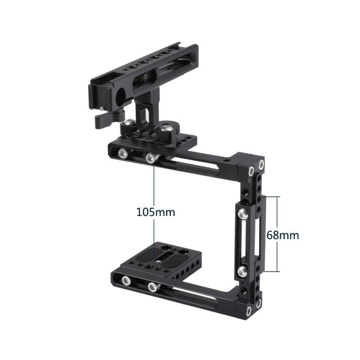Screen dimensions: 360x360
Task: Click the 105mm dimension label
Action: (155, 211)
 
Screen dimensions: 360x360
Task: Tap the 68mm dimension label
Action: (283, 234)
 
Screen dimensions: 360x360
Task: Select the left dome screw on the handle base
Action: (130, 123)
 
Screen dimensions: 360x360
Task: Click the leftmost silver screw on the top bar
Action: (122, 154)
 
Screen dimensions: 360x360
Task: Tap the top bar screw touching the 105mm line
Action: (150, 158)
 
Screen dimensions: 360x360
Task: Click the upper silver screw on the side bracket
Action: (243, 213)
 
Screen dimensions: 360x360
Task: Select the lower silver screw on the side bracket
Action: (243, 270)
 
